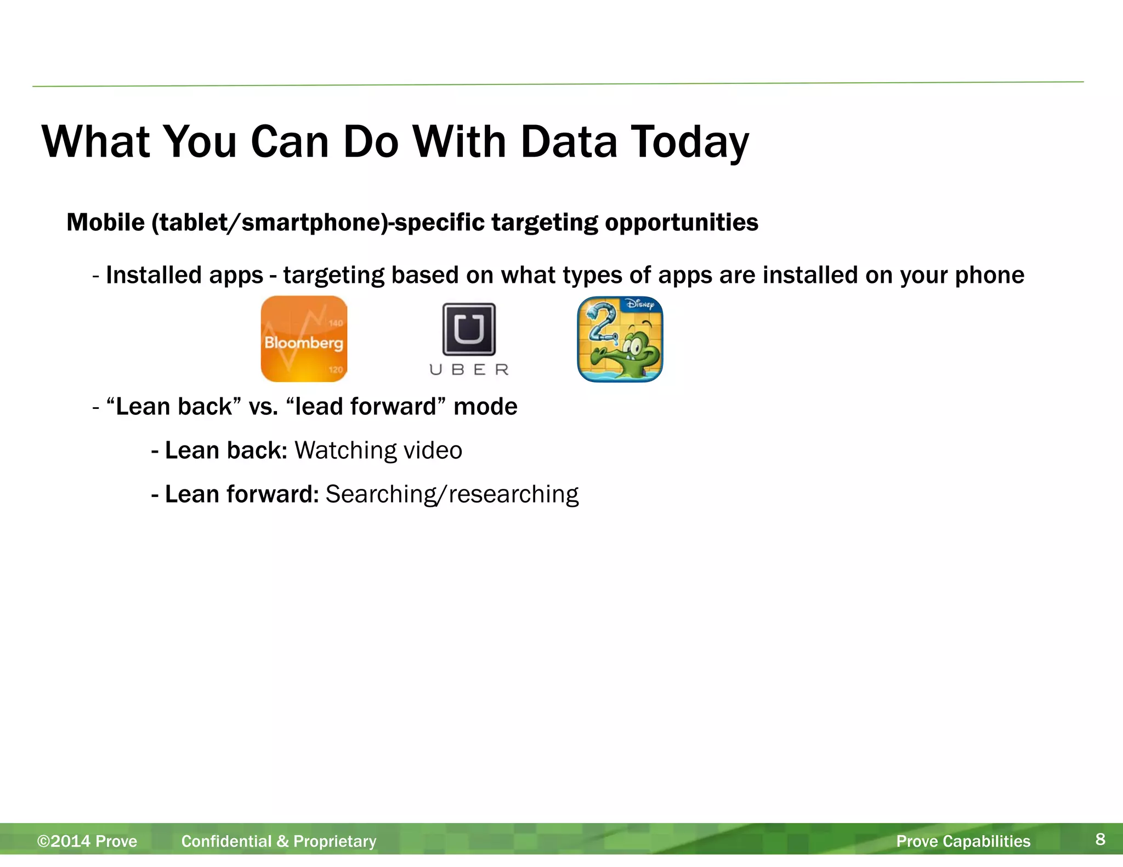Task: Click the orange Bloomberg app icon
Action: pyautogui.click(x=304, y=339)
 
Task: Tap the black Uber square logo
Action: pyautogui.click(x=469, y=329)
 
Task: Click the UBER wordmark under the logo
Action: pyautogui.click(x=469, y=370)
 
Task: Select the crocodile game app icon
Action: pyautogui.click(x=620, y=339)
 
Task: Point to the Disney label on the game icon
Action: pyautogui.click(x=640, y=304)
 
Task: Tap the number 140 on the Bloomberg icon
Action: pyautogui.click(x=336, y=323)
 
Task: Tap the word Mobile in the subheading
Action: pyautogui.click(x=105, y=223)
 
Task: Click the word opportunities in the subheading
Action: pyautogui.click(x=682, y=223)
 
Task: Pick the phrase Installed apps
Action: pyautogui.click(x=184, y=275)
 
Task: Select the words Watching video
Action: pyautogui.click(x=378, y=450)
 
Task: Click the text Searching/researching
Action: pyautogui.click(x=452, y=494)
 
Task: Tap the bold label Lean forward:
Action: pyautogui.click(x=241, y=494)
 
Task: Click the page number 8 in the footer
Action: pyautogui.click(x=1100, y=839)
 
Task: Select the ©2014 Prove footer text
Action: pyautogui.click(x=87, y=841)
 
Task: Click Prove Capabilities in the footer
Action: pyautogui.click(x=963, y=841)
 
